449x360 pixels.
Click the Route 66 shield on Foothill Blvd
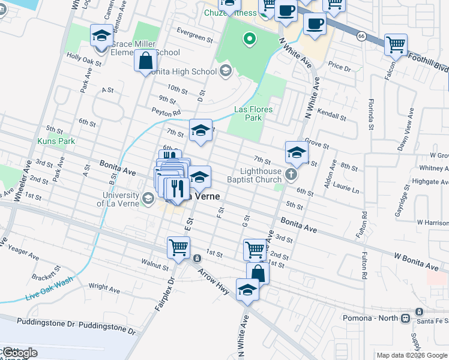[x=361, y=37]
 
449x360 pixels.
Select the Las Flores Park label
[x=253, y=113]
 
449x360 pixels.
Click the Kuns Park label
[x=56, y=141]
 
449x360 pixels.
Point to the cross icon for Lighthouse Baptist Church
[x=291, y=175]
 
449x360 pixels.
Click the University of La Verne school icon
[x=148, y=197]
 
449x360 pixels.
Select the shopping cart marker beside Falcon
[x=396, y=44]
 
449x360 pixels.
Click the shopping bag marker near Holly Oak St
[x=146, y=61]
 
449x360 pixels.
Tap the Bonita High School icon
[x=226, y=71]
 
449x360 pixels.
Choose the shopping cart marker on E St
[x=178, y=247]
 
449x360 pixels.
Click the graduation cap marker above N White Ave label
[x=247, y=290]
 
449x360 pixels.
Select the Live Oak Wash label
[x=49, y=289]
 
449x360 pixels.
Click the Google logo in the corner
[x=19, y=353]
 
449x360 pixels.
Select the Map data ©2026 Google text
[x=411, y=355]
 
